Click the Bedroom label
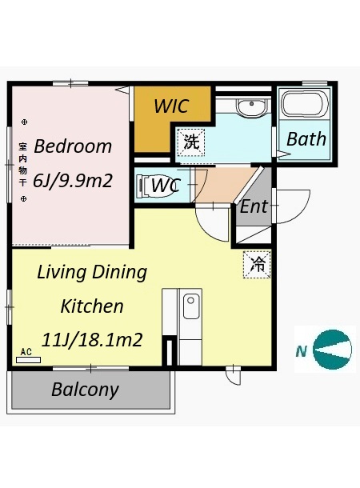[x=73, y=146]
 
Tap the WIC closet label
[x=171, y=106]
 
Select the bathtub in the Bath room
[x=304, y=104]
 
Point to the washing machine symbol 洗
[x=191, y=142]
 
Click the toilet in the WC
[x=155, y=186]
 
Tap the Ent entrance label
[x=254, y=206]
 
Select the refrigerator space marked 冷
[x=257, y=264]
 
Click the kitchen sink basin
[x=191, y=306]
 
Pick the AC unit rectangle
[x=28, y=360]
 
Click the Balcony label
[x=85, y=390]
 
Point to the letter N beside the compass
[x=301, y=351]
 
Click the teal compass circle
[x=332, y=349]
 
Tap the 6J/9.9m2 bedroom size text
[x=73, y=180]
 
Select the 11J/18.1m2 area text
[x=92, y=339]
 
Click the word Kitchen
[x=92, y=306]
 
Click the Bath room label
[x=306, y=139]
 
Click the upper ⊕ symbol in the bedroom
[x=24, y=122]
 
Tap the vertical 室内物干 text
[x=22, y=164]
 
